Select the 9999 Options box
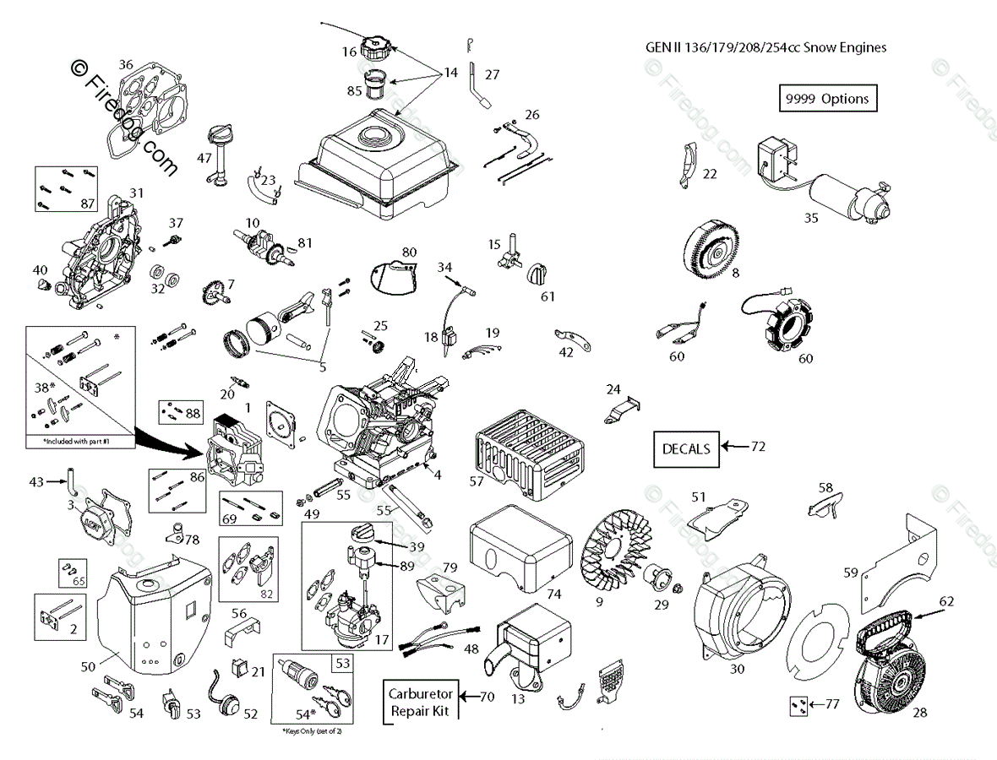(x=826, y=98)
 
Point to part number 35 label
(x=811, y=217)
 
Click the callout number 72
(x=758, y=446)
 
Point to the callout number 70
(x=487, y=698)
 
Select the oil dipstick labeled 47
(x=215, y=152)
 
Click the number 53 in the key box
(x=341, y=664)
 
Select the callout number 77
(x=832, y=703)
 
